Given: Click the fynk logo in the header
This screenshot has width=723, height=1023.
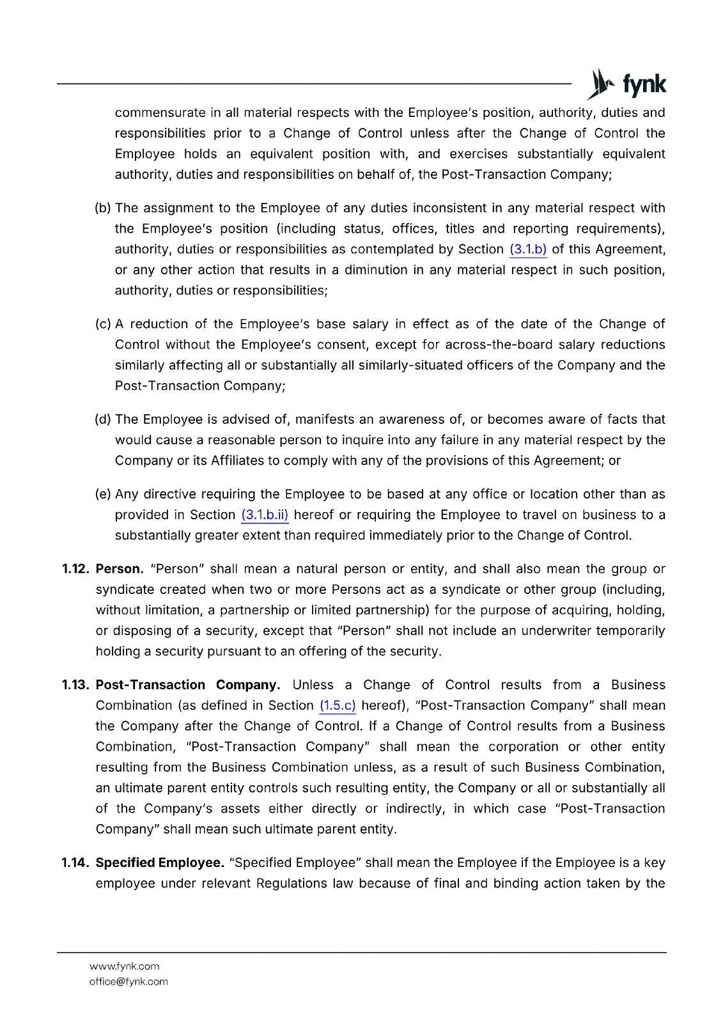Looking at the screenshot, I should click(626, 84).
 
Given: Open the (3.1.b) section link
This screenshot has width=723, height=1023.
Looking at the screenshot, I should click(527, 249).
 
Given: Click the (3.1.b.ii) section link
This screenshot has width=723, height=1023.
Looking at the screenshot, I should click(265, 515).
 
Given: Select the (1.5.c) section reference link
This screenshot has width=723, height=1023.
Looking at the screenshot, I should click(338, 706).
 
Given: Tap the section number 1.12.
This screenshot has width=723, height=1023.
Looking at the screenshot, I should click(76, 569).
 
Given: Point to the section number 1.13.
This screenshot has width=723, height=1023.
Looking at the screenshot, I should click(76, 685).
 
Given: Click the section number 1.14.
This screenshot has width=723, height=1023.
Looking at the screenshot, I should click(76, 863).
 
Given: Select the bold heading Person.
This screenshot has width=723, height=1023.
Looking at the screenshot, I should click(120, 569).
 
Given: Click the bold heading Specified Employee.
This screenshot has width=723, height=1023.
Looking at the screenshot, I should click(160, 863).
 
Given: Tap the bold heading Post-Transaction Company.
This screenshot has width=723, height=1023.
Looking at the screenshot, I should click(187, 685).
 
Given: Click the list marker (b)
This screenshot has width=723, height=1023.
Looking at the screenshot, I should click(103, 208).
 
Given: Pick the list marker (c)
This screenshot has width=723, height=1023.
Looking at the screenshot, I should click(103, 324).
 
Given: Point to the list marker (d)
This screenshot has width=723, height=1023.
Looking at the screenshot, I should click(103, 419).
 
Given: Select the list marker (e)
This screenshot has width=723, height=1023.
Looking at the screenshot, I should click(103, 494).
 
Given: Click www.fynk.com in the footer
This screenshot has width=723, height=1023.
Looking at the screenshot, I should click(125, 967).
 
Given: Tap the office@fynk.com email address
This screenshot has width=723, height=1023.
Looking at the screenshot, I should click(128, 982).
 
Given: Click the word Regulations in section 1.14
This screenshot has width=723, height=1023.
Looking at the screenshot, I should click(292, 884).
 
